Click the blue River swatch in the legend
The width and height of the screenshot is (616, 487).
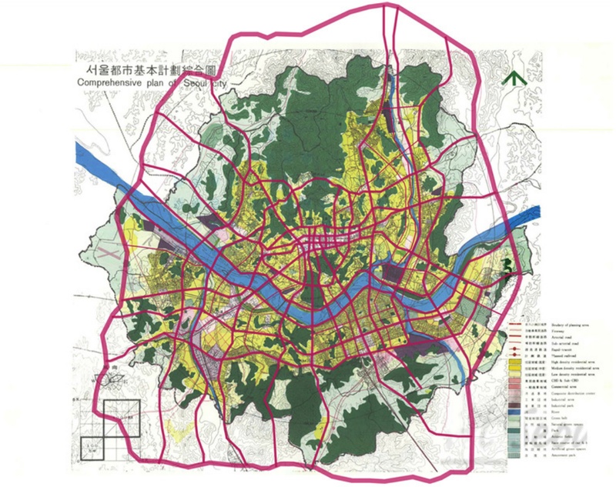coord(514,412)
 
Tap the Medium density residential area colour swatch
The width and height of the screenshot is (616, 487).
coord(514,369)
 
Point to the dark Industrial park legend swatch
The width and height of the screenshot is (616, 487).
coord(514,405)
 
